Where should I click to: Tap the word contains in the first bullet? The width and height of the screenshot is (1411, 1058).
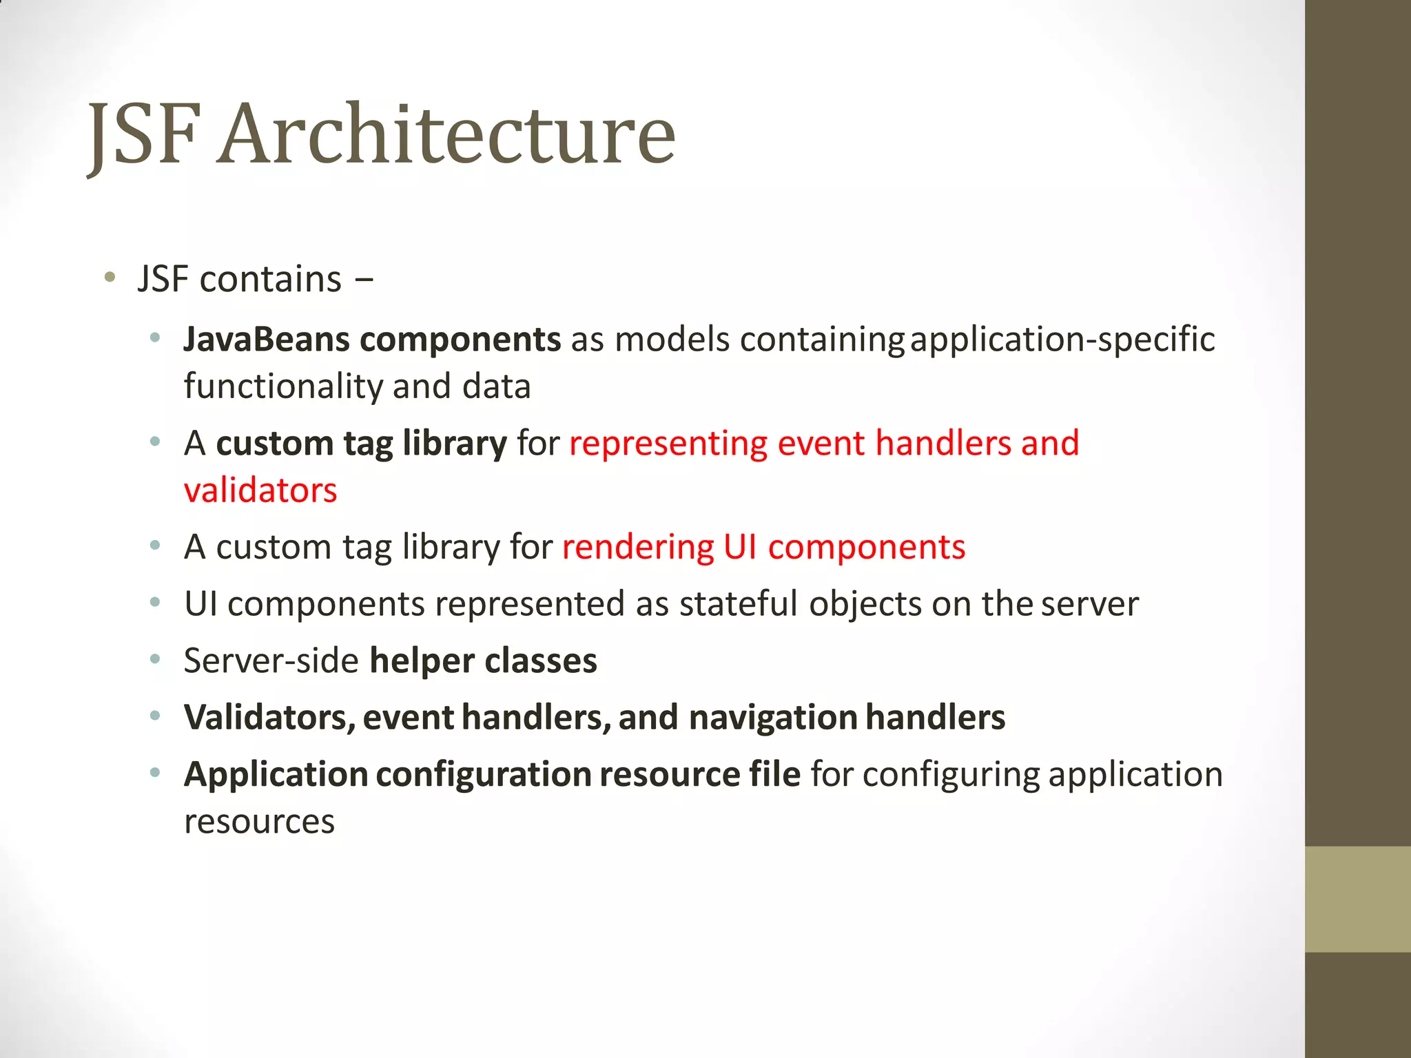(270, 280)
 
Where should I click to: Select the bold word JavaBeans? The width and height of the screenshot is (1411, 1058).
(266, 340)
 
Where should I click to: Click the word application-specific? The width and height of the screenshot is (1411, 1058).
(1062, 340)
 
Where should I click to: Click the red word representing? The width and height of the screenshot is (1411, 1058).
(668, 443)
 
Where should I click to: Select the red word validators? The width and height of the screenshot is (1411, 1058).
(260, 490)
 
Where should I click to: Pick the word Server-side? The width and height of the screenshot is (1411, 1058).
(271, 661)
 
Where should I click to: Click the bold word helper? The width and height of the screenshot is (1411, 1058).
(422, 661)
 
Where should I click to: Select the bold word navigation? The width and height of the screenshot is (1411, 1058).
(772, 718)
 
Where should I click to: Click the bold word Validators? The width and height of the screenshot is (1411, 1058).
(269, 718)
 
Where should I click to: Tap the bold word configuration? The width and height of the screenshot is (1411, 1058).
(483, 775)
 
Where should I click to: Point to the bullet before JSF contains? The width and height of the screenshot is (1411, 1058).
(109, 278)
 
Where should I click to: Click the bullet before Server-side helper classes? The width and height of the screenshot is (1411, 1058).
(156, 660)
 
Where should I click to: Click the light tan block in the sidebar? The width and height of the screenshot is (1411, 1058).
(1357, 899)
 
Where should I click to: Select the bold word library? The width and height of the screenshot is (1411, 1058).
(455, 443)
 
